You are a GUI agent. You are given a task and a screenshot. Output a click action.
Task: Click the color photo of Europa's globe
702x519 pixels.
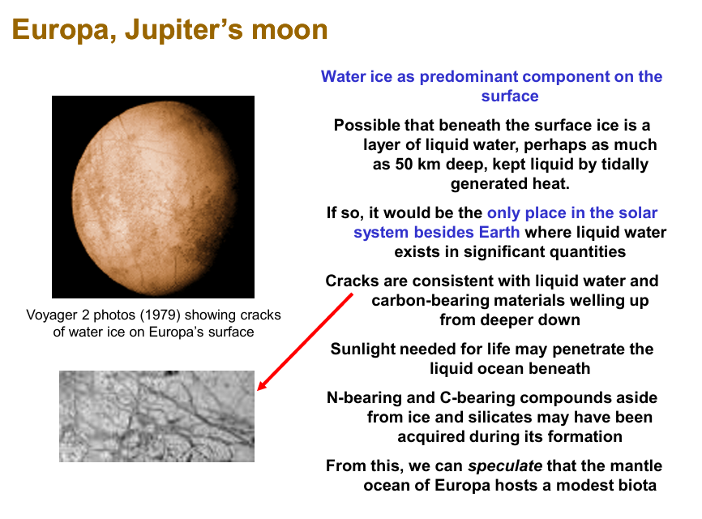click(152, 196)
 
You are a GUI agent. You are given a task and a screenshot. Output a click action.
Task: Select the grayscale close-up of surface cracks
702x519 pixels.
click(156, 416)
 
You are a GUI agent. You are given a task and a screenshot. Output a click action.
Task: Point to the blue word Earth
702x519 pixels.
click(501, 233)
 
